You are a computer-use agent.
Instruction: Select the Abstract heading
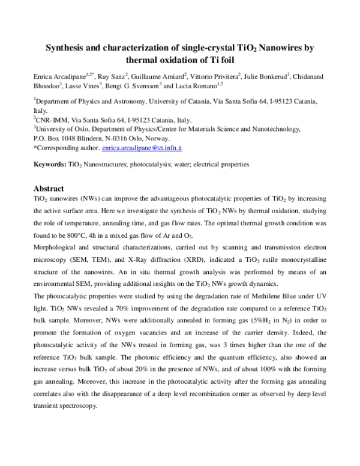pos(49,188)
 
